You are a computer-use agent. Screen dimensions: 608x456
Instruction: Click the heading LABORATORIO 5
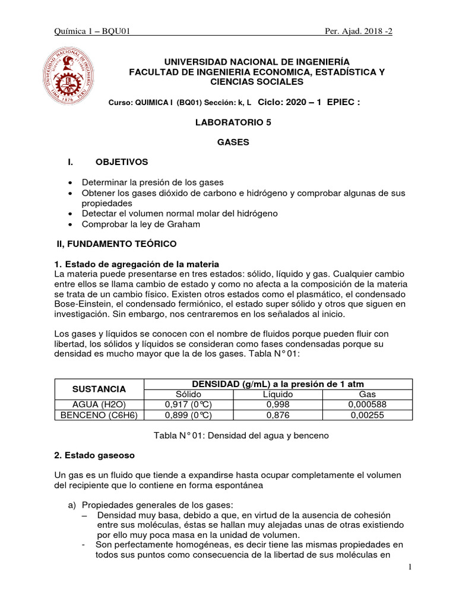(228, 122)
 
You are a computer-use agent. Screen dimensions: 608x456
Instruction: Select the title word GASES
(228, 142)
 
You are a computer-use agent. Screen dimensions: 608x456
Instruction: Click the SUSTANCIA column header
(99, 389)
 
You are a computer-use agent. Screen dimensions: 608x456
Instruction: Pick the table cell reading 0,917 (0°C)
(188, 404)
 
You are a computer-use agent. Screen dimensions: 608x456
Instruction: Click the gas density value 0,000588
(368, 404)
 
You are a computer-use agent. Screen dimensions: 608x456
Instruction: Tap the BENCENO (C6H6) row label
(99, 415)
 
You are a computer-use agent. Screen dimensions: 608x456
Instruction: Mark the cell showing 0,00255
(368, 415)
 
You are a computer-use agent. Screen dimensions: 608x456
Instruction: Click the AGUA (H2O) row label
(99, 404)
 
